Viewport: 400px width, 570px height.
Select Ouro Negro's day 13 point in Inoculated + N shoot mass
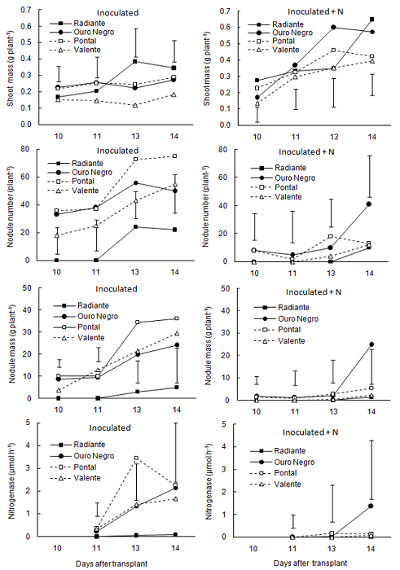[332, 27]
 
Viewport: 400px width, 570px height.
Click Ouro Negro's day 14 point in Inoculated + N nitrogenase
[371, 506]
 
